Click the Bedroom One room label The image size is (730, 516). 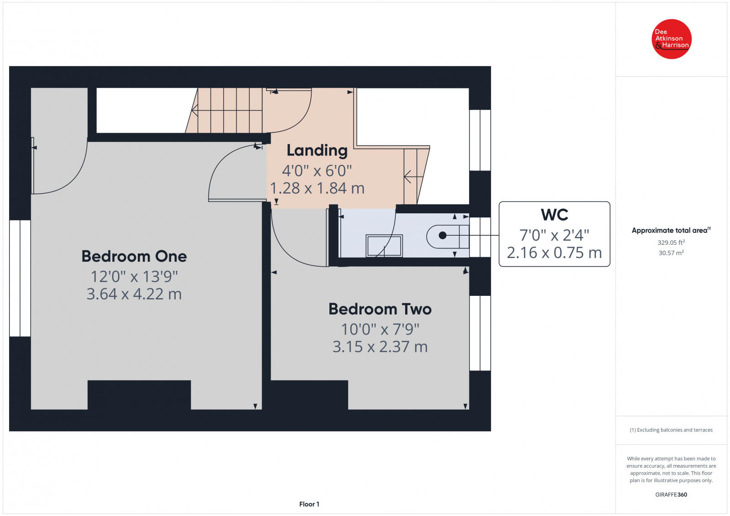click(134, 256)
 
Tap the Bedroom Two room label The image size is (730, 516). click(380, 309)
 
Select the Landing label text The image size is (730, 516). click(317, 151)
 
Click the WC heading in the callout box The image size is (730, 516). click(554, 215)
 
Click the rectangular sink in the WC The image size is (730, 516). click(384, 246)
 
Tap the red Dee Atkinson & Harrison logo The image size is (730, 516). click(671, 39)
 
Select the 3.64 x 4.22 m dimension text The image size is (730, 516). click(134, 294)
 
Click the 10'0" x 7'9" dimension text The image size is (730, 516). click(380, 329)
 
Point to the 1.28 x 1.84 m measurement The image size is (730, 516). click(317, 188)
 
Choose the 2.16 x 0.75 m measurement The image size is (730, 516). click(554, 253)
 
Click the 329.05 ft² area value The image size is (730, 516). click(671, 243)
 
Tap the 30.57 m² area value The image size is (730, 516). click(671, 253)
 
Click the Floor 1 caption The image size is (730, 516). click(309, 504)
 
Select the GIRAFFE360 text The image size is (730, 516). click(671, 495)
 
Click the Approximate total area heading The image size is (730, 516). click(671, 230)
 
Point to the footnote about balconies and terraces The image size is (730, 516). click(671, 430)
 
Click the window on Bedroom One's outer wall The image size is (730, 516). click(20, 279)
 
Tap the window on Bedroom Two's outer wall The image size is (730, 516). click(480, 333)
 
